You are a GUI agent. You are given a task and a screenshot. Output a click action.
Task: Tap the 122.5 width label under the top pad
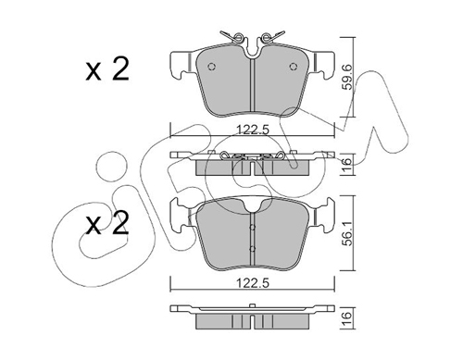[x=253, y=130]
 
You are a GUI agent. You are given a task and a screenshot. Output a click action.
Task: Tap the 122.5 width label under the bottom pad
[x=253, y=282]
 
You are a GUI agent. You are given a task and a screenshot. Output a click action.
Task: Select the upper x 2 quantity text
[x=107, y=69]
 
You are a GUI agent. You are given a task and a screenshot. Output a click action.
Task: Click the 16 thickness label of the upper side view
[x=348, y=162]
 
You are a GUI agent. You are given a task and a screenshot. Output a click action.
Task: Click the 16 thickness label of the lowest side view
[x=348, y=316]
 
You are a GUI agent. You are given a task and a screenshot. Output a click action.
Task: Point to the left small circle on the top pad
[x=211, y=67]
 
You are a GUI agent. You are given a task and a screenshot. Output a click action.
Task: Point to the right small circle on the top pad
[x=293, y=67]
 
